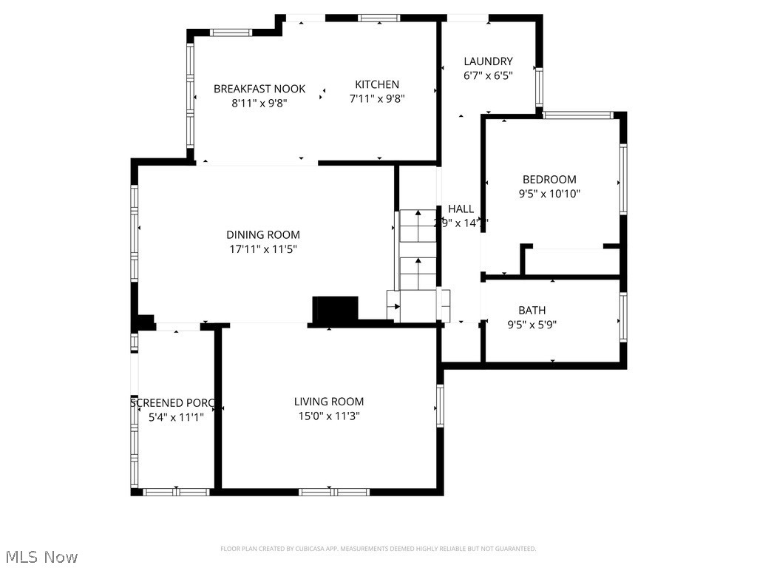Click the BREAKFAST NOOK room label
pyautogui.click(x=259, y=89)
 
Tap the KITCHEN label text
pyautogui.click(x=376, y=84)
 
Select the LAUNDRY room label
pyautogui.click(x=488, y=61)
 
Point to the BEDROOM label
pyautogui.click(x=549, y=179)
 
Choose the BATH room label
pyautogui.click(x=532, y=311)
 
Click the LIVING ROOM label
pyautogui.click(x=329, y=402)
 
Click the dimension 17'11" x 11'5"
pyautogui.click(x=263, y=249)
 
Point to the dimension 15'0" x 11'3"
pyautogui.click(x=329, y=416)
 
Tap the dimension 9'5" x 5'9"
pyautogui.click(x=532, y=324)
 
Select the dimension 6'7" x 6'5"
pyautogui.click(x=488, y=75)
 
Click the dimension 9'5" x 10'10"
pyautogui.click(x=549, y=193)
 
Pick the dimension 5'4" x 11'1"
pyautogui.click(x=175, y=416)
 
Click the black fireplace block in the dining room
pyautogui.click(x=335, y=310)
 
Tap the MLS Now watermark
pyautogui.click(x=41, y=556)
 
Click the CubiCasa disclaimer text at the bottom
pyautogui.click(x=378, y=549)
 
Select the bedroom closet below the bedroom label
pyautogui.click(x=571, y=262)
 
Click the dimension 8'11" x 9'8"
pyautogui.click(x=259, y=103)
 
